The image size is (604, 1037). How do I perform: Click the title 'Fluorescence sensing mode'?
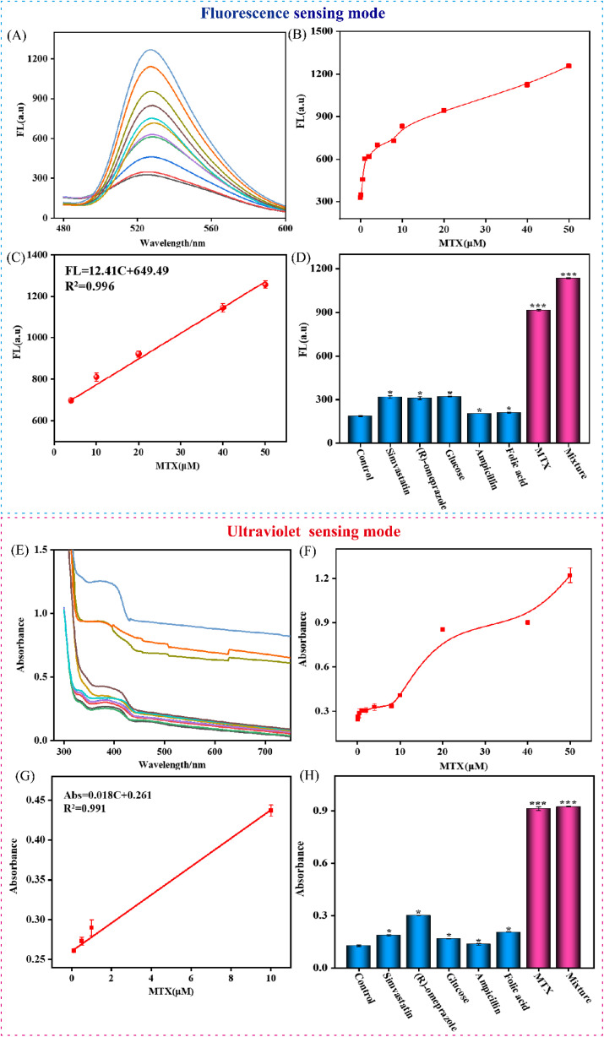(x=293, y=13)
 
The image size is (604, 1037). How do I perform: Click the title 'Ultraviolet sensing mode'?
(x=313, y=531)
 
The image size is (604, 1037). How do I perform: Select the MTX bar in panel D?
(x=538, y=377)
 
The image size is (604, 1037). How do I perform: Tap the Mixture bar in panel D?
(x=568, y=361)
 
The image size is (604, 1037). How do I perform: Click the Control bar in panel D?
(x=360, y=429)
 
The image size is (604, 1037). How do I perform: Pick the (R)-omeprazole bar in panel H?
(x=418, y=942)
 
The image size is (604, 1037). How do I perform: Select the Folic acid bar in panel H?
(x=508, y=950)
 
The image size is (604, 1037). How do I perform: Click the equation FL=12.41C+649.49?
(x=117, y=270)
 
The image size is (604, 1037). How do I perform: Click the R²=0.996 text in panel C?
(x=90, y=286)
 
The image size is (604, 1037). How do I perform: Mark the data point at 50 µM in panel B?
(x=569, y=66)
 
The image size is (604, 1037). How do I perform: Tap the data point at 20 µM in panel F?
(x=443, y=630)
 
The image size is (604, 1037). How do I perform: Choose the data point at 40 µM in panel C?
(x=223, y=307)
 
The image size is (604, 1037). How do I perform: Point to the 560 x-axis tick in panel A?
(x=211, y=228)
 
